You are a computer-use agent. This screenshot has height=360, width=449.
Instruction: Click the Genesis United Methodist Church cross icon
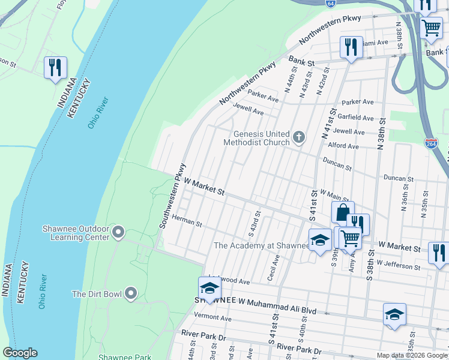pyautogui.click(x=299, y=138)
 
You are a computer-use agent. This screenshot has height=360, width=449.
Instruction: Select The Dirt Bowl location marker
pyautogui.click(x=131, y=294)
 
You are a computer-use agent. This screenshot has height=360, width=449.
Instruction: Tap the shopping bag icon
pyautogui.click(x=342, y=212)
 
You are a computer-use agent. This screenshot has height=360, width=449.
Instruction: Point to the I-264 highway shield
pyautogui.click(x=431, y=143)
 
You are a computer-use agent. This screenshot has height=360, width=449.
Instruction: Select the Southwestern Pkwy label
pyautogui.click(x=172, y=196)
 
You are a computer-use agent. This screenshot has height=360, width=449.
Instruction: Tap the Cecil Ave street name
pyautogui.click(x=276, y=265)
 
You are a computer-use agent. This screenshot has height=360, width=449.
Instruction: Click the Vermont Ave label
pyautogui.click(x=212, y=317)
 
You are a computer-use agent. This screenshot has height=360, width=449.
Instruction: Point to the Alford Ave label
pyautogui.click(x=343, y=146)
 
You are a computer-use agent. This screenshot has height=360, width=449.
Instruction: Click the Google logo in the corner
pyautogui.click(x=20, y=353)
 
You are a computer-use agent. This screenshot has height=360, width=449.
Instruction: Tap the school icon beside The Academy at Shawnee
pyautogui.click(x=320, y=240)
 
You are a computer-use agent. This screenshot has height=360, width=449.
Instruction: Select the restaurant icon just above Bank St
pyautogui.click(x=351, y=47)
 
